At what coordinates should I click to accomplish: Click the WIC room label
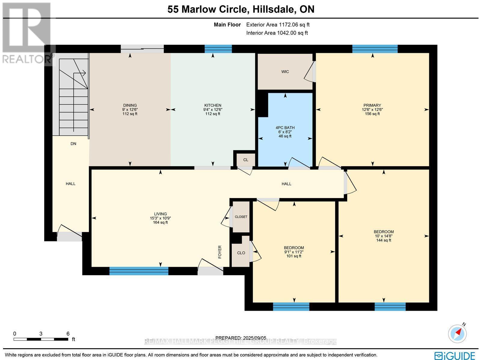285,72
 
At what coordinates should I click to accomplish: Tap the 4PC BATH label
285,128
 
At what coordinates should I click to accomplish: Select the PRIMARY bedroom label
372,105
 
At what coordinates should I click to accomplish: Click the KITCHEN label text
213,105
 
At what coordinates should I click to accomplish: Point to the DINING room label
130,105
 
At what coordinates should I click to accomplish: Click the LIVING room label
160,214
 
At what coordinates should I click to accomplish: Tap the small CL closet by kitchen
246,160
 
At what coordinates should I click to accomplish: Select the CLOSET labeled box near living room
241,217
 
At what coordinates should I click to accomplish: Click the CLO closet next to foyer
241,253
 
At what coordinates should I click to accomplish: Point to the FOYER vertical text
220,252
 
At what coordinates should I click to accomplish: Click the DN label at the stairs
73,144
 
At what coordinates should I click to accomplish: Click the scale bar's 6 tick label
68,334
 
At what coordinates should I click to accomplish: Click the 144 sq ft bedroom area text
384,240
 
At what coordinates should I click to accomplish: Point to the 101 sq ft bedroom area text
294,256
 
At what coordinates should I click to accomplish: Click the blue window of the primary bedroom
375,49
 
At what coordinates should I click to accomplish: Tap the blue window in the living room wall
139,271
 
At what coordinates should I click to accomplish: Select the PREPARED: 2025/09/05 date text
241,338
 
